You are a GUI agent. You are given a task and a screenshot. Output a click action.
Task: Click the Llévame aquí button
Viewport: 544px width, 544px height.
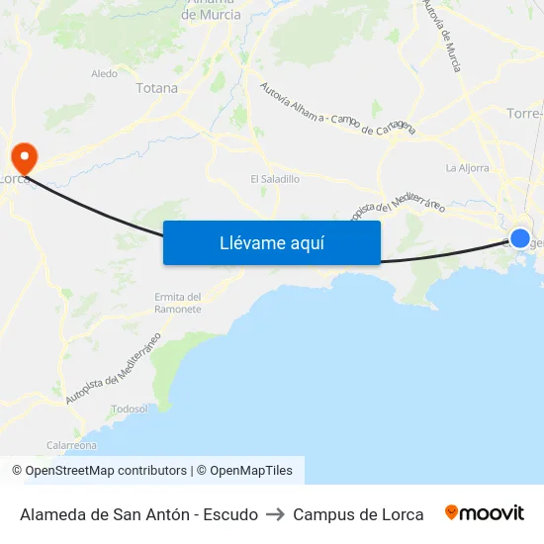coord(271,242)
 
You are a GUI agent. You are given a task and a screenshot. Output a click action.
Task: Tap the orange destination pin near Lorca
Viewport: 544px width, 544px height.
coord(23,157)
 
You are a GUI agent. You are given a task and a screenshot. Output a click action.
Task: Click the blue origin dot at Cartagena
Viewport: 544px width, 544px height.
coord(519,237)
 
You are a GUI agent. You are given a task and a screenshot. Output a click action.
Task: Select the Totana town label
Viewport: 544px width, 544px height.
coord(156,88)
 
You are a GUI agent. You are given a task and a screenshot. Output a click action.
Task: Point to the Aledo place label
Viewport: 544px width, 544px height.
coord(104,73)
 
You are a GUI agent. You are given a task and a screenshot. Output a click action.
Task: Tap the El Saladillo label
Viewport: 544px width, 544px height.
coord(274,179)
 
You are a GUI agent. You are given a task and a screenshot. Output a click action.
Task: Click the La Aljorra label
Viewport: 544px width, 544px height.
coord(467,167)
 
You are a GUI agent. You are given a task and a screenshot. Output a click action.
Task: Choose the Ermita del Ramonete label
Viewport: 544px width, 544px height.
coord(178,303)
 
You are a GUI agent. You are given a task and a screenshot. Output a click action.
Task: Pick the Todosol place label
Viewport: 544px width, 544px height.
coord(130,408)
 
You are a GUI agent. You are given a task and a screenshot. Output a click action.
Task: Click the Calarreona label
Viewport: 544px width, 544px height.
coord(71,445)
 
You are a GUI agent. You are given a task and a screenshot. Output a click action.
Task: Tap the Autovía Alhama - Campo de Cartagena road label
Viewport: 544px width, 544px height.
coord(336,110)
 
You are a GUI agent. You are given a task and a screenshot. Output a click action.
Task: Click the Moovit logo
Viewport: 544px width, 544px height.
coord(485,513)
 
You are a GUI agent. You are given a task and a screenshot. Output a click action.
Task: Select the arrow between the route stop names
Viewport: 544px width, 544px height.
coord(275,514)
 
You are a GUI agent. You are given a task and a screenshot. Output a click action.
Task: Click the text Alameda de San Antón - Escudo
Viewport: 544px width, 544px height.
coord(138,514)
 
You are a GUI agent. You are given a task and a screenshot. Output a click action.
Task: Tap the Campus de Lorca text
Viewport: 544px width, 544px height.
coord(358,514)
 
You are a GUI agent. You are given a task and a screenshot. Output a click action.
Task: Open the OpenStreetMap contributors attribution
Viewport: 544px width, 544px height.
coord(106,471)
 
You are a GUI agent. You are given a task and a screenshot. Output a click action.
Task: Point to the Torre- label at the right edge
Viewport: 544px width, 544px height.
coord(523,113)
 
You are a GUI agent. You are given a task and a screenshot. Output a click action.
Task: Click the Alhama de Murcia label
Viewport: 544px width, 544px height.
coord(212,10)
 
